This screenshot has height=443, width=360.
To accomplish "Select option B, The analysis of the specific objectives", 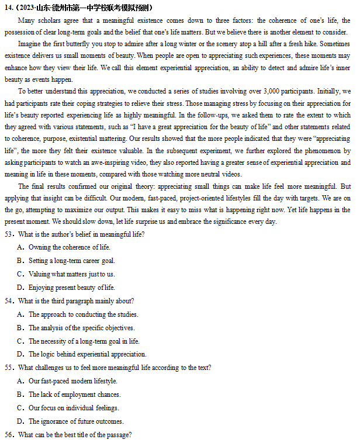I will tap(81, 328).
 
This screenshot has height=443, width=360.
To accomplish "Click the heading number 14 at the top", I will tap(8, 7).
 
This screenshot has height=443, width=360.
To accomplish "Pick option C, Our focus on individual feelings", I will tap(74, 408).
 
